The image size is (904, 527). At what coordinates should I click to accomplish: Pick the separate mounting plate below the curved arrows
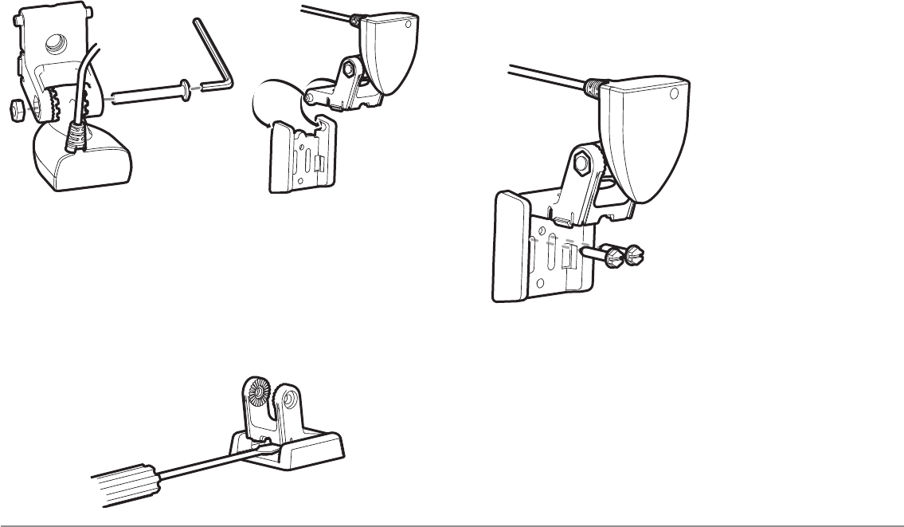tap(299, 155)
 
